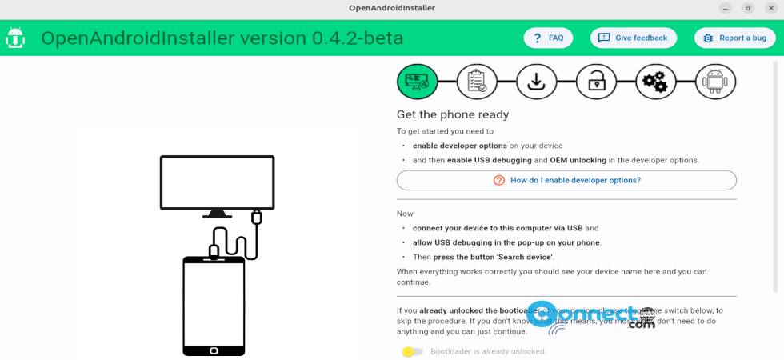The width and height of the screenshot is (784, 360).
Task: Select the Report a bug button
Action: [734, 38]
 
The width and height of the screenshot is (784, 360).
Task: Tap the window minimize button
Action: [726, 8]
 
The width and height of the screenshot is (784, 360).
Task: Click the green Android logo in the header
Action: [15, 38]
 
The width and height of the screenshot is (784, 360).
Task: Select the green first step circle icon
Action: [418, 82]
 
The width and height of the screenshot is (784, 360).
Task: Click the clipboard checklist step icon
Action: [477, 82]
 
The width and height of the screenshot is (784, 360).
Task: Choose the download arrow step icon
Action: [536, 82]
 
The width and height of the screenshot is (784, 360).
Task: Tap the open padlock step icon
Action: [596, 82]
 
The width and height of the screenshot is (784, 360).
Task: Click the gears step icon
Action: [655, 82]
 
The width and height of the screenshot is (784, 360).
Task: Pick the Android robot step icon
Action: [715, 82]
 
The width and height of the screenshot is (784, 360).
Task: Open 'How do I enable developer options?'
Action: [566, 181]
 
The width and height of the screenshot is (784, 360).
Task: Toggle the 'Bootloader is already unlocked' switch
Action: [412, 351]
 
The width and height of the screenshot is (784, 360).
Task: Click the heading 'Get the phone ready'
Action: [453, 114]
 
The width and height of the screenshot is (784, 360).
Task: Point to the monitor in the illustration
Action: [217, 182]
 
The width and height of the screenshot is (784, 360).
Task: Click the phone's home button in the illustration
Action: [213, 350]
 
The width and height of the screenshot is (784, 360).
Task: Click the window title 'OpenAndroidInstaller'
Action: [391, 8]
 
